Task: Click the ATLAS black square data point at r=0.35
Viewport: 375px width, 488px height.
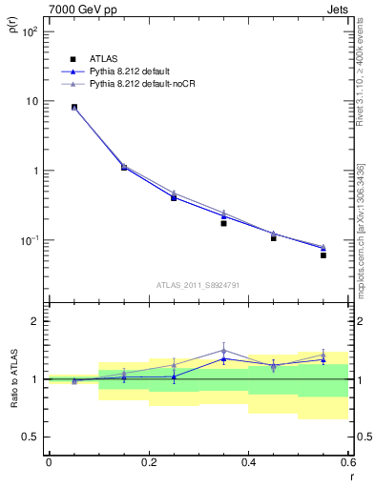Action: coord(223,223)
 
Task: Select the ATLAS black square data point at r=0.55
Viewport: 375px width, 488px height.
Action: coord(323,255)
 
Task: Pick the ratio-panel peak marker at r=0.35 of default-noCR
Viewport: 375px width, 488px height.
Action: coord(223,351)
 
